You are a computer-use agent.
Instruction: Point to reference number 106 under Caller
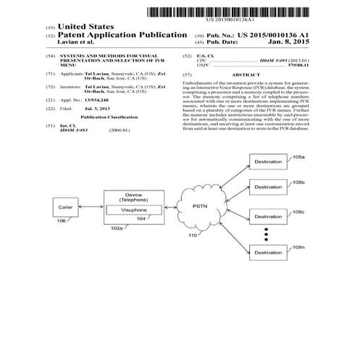click(x=61, y=221)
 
